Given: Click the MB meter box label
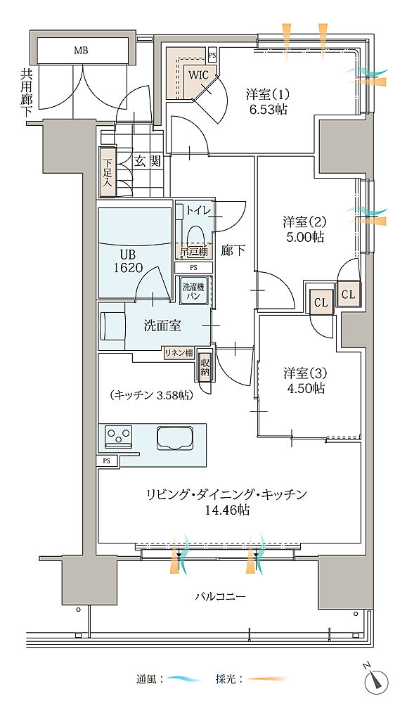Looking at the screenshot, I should click(82, 50).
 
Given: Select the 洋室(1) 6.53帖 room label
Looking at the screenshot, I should click(267, 101).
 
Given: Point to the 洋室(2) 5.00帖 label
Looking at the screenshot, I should click(304, 229).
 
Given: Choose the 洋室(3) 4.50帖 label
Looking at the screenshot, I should click(304, 379).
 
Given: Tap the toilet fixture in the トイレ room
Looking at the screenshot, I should click(193, 234).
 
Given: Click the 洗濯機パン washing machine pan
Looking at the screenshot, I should click(192, 291).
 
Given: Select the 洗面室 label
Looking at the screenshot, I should click(162, 325).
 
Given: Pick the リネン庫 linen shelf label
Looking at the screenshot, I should click(179, 353).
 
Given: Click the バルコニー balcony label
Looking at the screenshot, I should click(220, 596).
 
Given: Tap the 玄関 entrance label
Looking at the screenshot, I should click(148, 161).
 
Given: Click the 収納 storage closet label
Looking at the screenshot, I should click(205, 366).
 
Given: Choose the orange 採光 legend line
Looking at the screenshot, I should click(266, 679).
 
